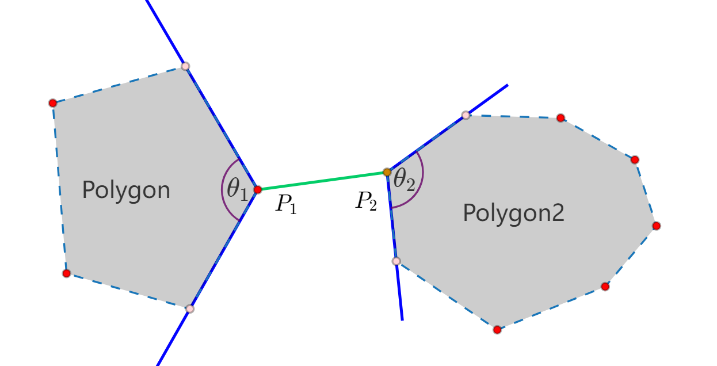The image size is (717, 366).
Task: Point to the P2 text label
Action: click(x=365, y=201)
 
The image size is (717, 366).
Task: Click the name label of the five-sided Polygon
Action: click(x=126, y=190)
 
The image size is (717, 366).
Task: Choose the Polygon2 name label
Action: click(x=513, y=213)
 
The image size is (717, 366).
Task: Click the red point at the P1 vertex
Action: click(x=258, y=189)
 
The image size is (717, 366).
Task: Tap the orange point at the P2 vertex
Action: click(x=387, y=172)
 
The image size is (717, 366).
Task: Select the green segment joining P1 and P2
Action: click(x=322, y=181)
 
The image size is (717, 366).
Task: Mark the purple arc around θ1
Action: click(x=222, y=189)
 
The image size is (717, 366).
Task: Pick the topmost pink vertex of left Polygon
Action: click(x=185, y=66)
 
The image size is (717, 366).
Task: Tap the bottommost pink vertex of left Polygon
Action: click(x=190, y=309)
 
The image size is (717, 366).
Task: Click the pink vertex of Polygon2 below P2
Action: click(x=396, y=261)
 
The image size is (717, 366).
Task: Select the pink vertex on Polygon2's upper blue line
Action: click(x=466, y=115)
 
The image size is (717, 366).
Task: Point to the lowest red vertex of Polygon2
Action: click(x=497, y=330)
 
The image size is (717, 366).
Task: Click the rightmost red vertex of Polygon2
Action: click(x=657, y=226)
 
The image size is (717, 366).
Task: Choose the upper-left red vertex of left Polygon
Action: click(x=53, y=103)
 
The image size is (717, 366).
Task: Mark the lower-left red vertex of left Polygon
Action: click(x=67, y=273)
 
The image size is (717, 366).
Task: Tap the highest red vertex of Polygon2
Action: click(x=561, y=118)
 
